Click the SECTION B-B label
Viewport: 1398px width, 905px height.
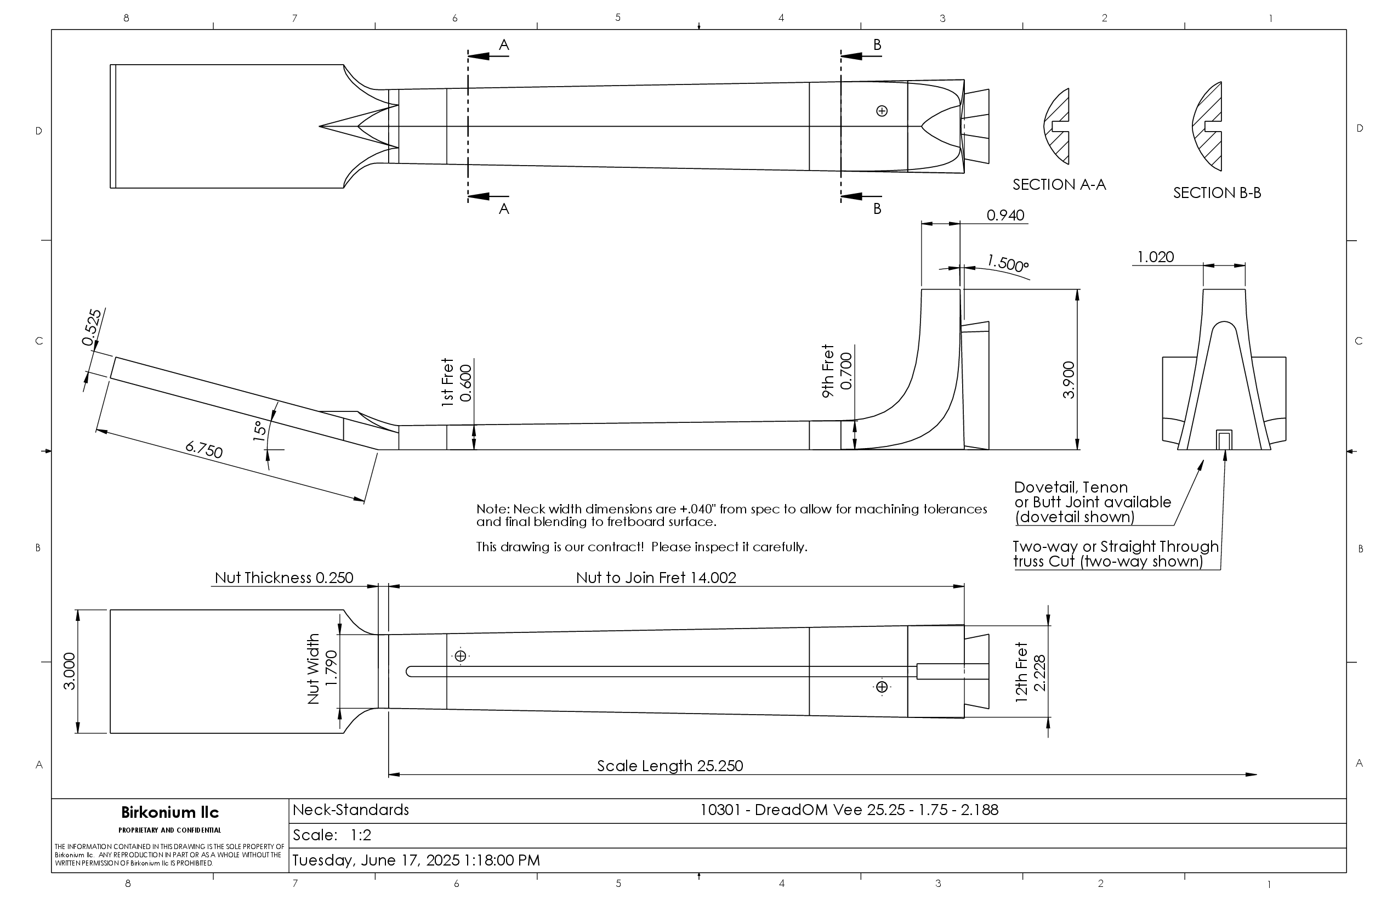coord(1217,193)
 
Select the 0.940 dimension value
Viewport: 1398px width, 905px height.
coord(1005,216)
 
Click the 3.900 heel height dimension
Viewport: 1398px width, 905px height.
coord(1069,380)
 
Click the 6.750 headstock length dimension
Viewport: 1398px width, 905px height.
coord(204,450)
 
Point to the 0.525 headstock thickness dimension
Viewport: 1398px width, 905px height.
coord(92,327)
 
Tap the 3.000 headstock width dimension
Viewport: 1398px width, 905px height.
coord(69,671)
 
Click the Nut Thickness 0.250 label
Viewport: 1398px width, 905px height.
coord(284,578)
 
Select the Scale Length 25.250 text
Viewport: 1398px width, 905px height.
coord(669,766)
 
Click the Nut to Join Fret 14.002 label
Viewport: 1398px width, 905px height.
coord(656,578)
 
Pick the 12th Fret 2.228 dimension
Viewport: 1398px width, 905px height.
coord(1031,672)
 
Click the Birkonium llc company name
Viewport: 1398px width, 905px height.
coord(170,812)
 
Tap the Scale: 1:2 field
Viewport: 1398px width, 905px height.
coord(332,835)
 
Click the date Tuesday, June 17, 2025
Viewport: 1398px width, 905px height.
coord(416,861)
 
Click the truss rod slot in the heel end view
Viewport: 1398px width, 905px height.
coord(1224,440)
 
